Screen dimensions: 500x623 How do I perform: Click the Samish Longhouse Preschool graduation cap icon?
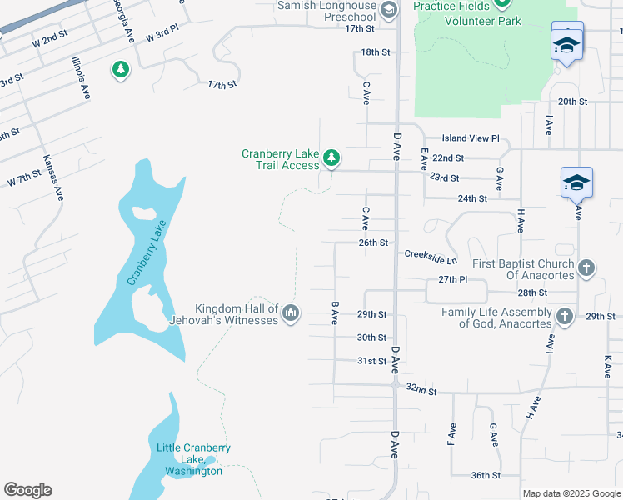(388, 9)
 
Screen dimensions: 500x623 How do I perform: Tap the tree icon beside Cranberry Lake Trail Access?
(331, 157)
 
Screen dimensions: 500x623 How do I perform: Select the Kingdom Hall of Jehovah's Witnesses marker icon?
(291, 313)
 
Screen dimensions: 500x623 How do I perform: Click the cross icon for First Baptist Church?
(586, 267)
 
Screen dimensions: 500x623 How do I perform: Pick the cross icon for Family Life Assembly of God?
(565, 316)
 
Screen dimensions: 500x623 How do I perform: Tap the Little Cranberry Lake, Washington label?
(193, 459)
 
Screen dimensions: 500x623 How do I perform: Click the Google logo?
(27, 490)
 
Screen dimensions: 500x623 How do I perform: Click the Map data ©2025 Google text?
(571, 493)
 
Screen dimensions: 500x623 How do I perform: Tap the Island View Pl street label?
(470, 138)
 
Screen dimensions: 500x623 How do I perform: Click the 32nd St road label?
(421, 389)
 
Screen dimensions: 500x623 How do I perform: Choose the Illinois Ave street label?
(81, 78)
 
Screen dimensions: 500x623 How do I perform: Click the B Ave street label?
(335, 312)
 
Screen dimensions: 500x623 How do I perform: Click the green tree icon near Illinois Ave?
(121, 68)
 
